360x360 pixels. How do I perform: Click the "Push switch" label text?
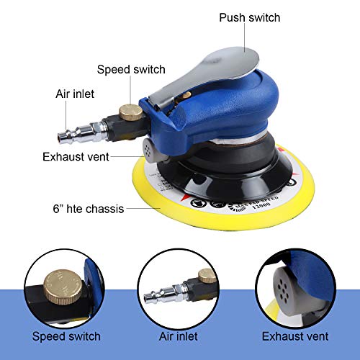tap(249, 17)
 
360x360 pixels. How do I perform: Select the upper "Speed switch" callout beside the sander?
tap(131, 70)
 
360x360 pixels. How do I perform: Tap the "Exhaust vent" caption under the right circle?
tap(295, 336)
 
